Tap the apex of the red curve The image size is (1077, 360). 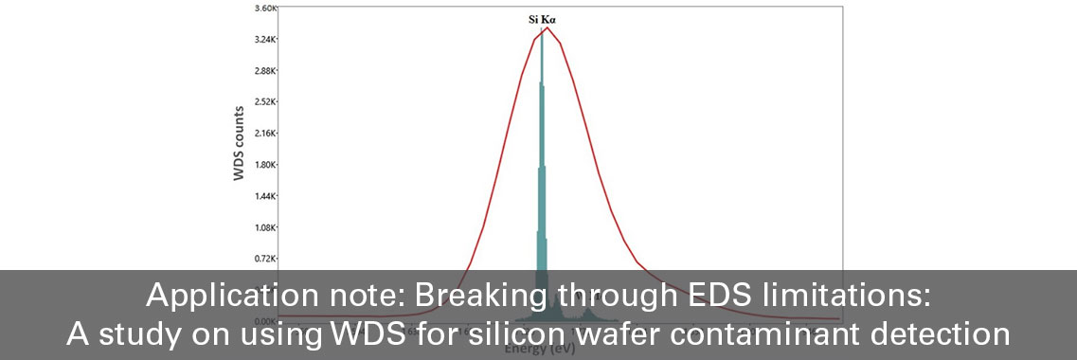click(547, 27)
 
